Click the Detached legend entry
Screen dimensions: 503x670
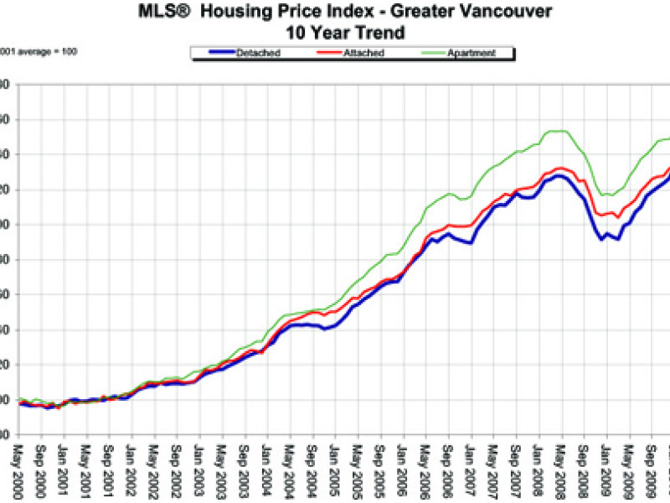click(x=259, y=54)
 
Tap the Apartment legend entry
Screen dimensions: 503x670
click(x=470, y=54)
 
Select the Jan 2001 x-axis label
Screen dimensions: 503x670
click(x=64, y=469)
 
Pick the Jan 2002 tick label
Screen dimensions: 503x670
click(x=131, y=469)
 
